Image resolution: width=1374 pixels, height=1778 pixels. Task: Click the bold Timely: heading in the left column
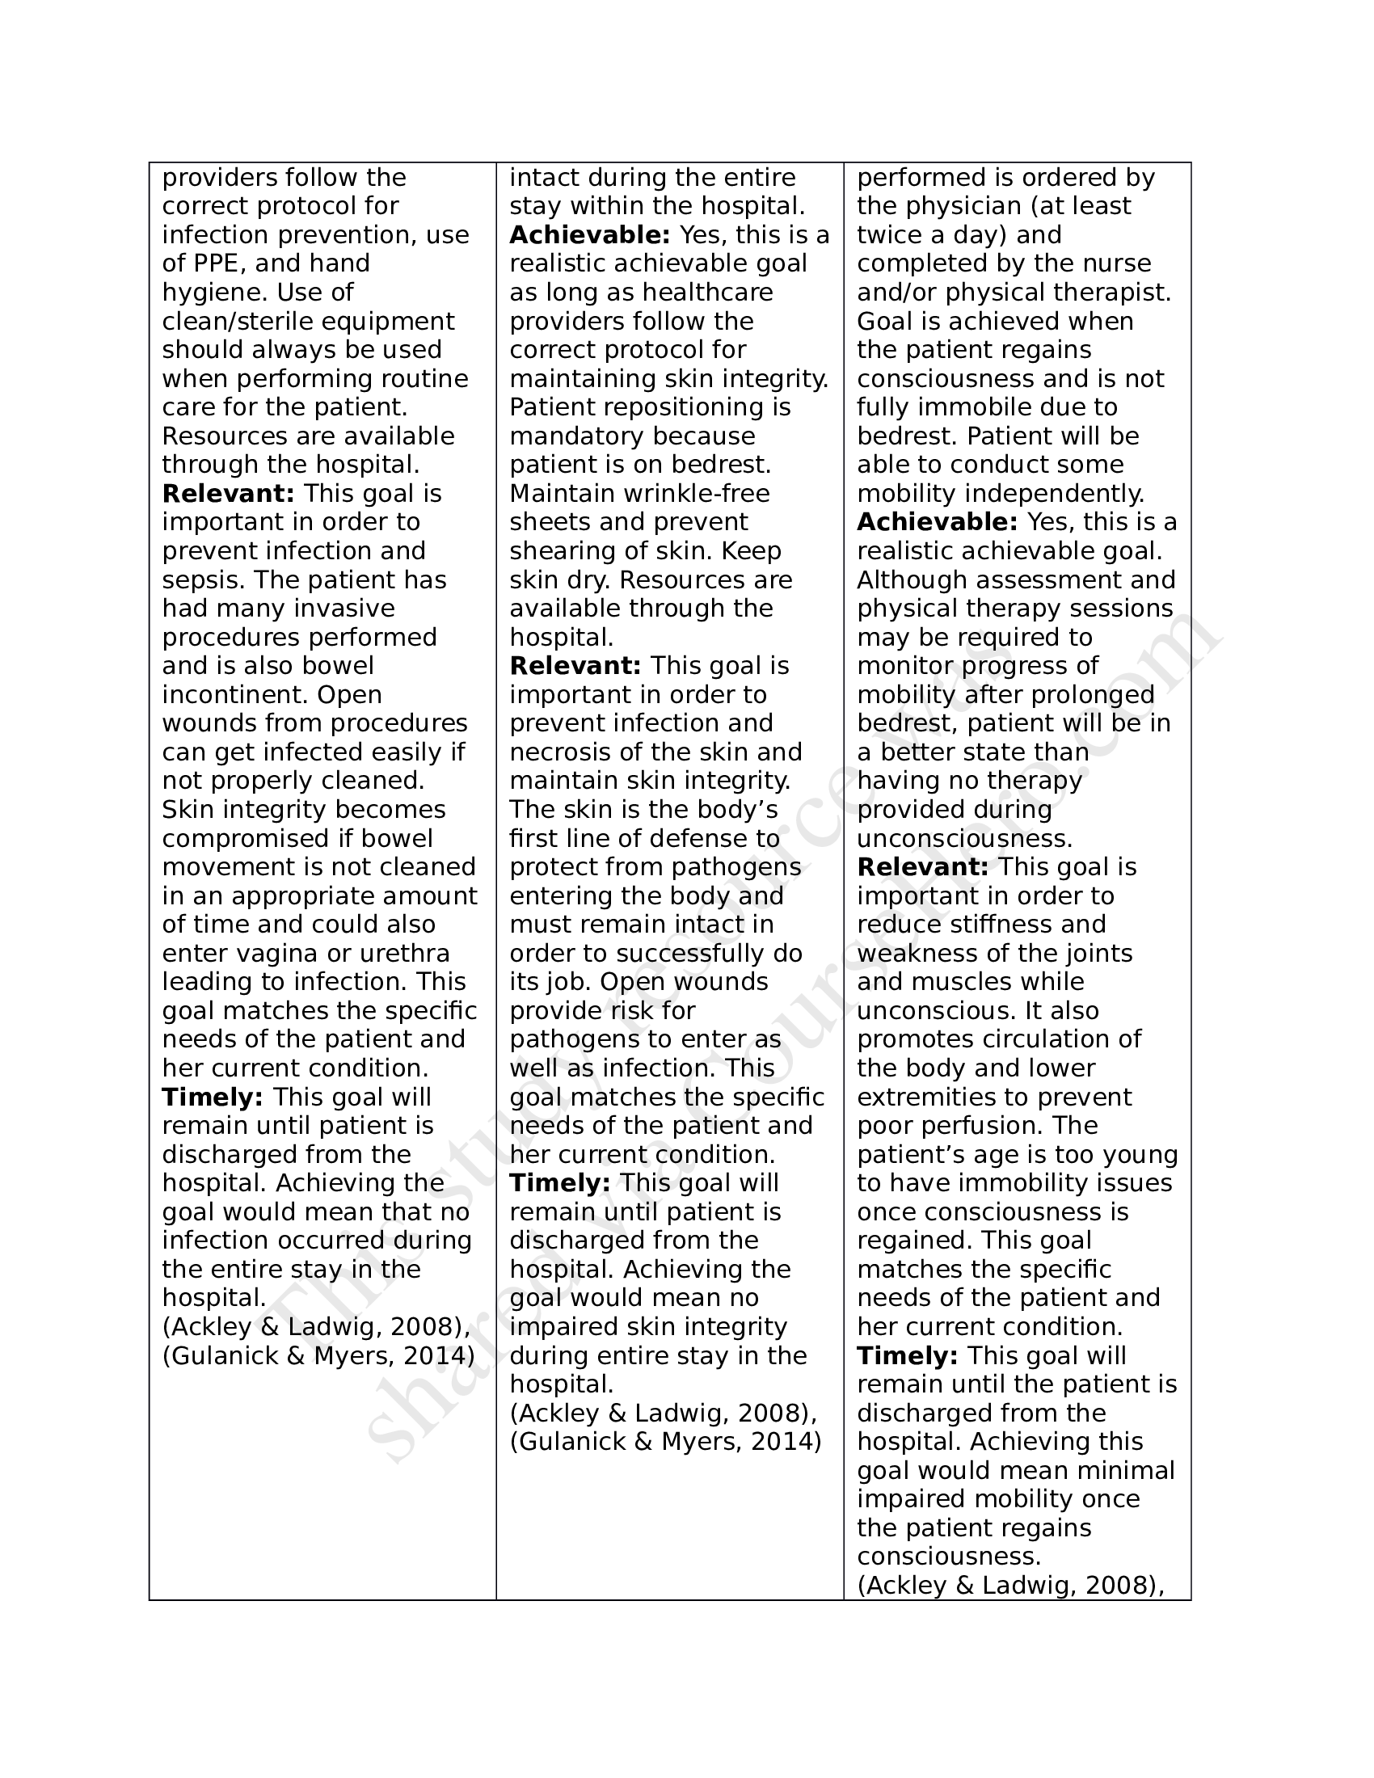pyautogui.click(x=212, y=1098)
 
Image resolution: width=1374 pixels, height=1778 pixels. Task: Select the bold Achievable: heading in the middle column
pyautogui.click(x=589, y=235)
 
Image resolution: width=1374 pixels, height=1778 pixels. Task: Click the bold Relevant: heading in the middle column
pyautogui.click(x=575, y=666)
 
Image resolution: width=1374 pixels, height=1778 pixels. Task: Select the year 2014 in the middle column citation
pyautogui.click(x=786, y=1442)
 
